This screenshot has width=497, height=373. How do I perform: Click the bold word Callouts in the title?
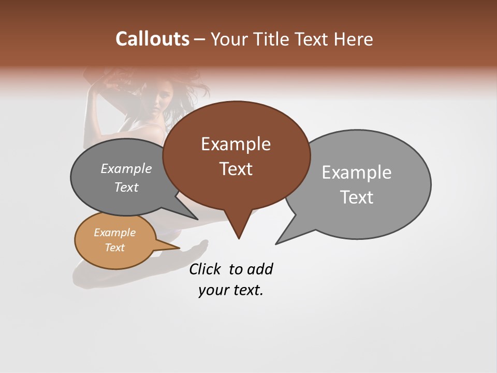pos(152,39)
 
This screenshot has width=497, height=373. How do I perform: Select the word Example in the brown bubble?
pos(236,144)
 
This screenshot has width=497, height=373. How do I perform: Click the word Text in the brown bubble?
pos(236,169)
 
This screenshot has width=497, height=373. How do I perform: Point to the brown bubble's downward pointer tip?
pos(239,238)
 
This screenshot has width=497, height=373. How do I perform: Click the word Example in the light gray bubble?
pos(357,173)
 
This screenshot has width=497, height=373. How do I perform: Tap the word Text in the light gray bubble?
pos(357,197)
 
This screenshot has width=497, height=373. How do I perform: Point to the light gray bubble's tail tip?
pos(276,243)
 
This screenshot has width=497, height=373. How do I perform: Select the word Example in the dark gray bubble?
pos(126,169)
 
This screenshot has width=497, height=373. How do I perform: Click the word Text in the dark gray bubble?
pos(126,188)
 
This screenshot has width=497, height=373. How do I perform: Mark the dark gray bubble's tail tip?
pos(197,219)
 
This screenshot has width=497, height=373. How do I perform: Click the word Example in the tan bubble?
pos(114,233)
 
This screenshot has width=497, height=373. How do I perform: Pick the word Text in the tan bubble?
pos(114,248)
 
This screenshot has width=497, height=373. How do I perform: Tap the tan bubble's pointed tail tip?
pos(180,248)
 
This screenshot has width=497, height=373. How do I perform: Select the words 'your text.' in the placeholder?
pos(231,291)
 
